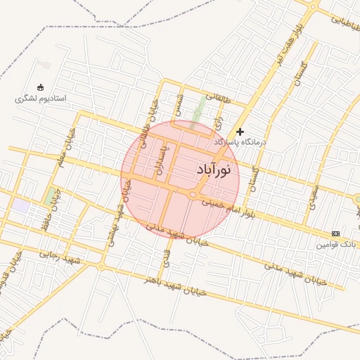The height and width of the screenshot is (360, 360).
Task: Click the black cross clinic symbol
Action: pos(240,131)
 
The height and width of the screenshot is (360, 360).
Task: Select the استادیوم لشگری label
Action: pos(40,98)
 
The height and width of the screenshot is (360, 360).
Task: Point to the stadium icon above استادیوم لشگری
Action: pos(40,88)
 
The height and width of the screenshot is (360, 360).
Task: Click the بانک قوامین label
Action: pos(337,245)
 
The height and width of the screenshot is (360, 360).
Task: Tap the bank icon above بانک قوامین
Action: pos(335,233)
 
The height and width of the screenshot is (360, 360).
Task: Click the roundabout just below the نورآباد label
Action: pos(193,195)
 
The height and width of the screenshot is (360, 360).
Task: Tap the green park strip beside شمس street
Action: pos(200,109)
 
